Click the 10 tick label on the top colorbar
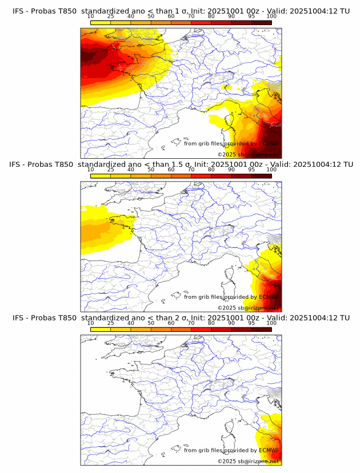[91, 16]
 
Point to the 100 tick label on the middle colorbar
[271, 169]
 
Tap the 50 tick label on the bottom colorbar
[151, 323]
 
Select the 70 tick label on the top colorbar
[191, 16]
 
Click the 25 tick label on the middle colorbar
[110, 169]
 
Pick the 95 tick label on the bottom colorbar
[251, 323]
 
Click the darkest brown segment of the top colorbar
[261, 22]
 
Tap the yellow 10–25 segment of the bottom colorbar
[101, 329]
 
